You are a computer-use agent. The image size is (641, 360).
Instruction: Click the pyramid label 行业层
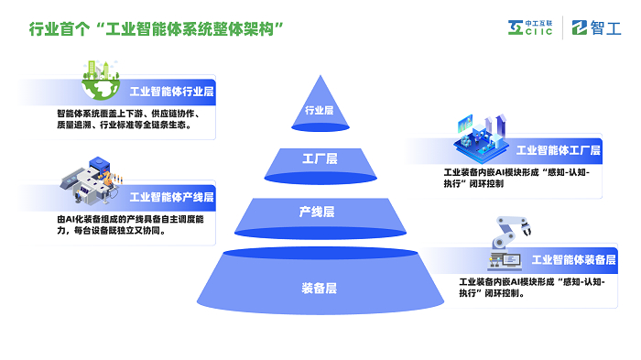click(x=319, y=111)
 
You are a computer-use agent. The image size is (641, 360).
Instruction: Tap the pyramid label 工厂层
click(x=320, y=158)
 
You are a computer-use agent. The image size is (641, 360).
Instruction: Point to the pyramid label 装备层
click(x=319, y=288)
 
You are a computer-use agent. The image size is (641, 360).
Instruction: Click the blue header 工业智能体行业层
click(x=171, y=92)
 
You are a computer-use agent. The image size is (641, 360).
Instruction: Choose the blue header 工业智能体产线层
click(x=171, y=197)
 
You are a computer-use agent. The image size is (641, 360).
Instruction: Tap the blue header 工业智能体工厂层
click(x=558, y=150)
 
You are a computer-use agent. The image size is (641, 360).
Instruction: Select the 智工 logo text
click(x=597, y=28)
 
